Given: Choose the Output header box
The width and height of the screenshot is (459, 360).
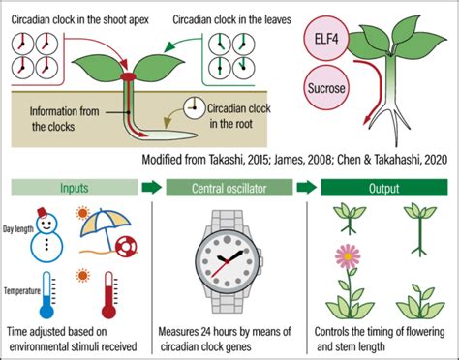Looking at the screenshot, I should [x=379, y=186].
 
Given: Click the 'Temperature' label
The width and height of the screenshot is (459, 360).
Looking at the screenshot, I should [x=20, y=288].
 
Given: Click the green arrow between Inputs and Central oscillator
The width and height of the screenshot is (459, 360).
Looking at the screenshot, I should [x=152, y=186].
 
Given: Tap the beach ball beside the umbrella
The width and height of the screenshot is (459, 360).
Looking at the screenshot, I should [x=122, y=242].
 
